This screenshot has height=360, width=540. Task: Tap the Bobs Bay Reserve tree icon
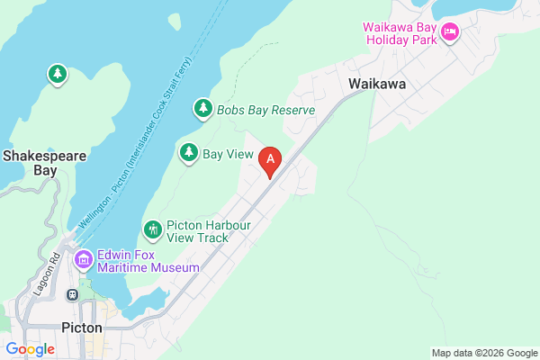(203, 110)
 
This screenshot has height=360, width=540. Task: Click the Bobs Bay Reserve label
(265, 110)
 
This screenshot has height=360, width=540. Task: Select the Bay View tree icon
(189, 154)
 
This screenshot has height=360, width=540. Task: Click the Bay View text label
(229, 154)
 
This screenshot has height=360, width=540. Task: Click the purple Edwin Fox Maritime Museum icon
(84, 261)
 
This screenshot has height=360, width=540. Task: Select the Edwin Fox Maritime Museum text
(149, 261)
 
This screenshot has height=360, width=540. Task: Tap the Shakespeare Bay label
(44, 162)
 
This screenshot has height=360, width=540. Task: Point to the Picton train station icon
(72, 294)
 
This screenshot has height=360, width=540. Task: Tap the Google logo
(30, 348)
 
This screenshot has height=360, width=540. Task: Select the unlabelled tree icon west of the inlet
(58, 74)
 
